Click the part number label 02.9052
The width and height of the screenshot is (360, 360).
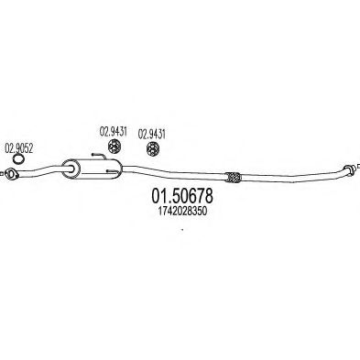(18, 148)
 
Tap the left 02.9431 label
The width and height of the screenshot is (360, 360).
(113, 131)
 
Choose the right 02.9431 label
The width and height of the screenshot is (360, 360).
(152, 134)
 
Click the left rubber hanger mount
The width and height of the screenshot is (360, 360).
(115, 147)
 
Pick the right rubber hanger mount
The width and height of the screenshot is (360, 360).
(152, 149)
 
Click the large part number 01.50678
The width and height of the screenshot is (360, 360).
(182, 196)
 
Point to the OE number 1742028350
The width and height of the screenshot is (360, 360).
(182, 212)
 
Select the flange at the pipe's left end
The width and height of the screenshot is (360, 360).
(11, 174)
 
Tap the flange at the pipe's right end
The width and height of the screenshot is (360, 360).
(350, 169)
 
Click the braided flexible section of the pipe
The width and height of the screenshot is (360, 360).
(234, 178)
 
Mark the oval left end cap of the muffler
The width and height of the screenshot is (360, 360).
(71, 169)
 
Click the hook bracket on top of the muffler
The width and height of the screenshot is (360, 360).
(99, 156)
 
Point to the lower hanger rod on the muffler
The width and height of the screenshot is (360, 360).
(112, 170)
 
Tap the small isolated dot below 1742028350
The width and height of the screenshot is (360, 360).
(182, 229)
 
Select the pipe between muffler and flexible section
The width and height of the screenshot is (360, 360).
(174, 173)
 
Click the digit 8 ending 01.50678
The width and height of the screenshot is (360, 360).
(208, 196)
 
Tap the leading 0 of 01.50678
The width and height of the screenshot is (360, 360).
(157, 196)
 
